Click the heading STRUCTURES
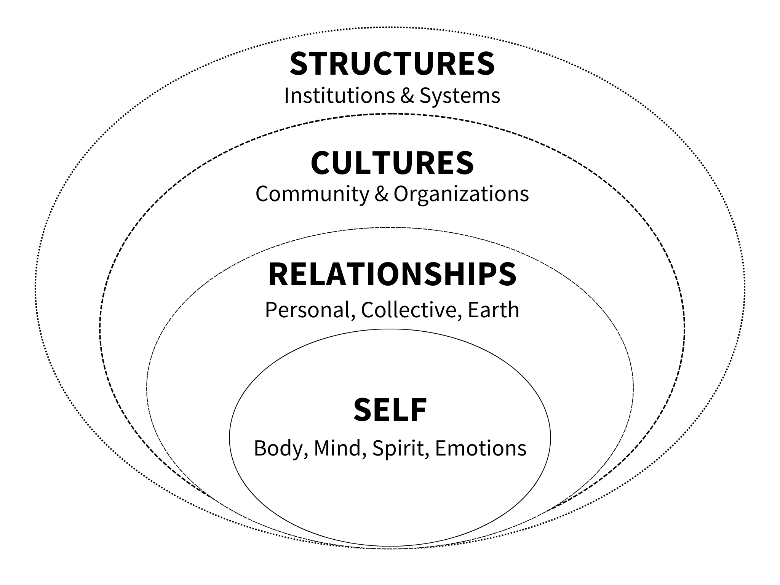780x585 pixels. pyautogui.click(x=392, y=63)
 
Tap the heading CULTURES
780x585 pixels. pyautogui.click(x=392, y=163)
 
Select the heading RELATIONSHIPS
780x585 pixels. pyautogui.click(x=392, y=275)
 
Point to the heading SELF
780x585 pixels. pyautogui.click(x=390, y=410)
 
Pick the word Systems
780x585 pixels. pyautogui.click(x=460, y=96)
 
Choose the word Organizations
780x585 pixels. pyautogui.click(x=461, y=194)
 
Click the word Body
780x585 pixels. pyautogui.click(x=280, y=448)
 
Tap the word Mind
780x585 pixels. pyautogui.click(x=337, y=448)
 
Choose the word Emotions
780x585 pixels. pyautogui.click(x=481, y=448)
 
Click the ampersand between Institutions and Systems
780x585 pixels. pyautogui.click(x=407, y=96)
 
